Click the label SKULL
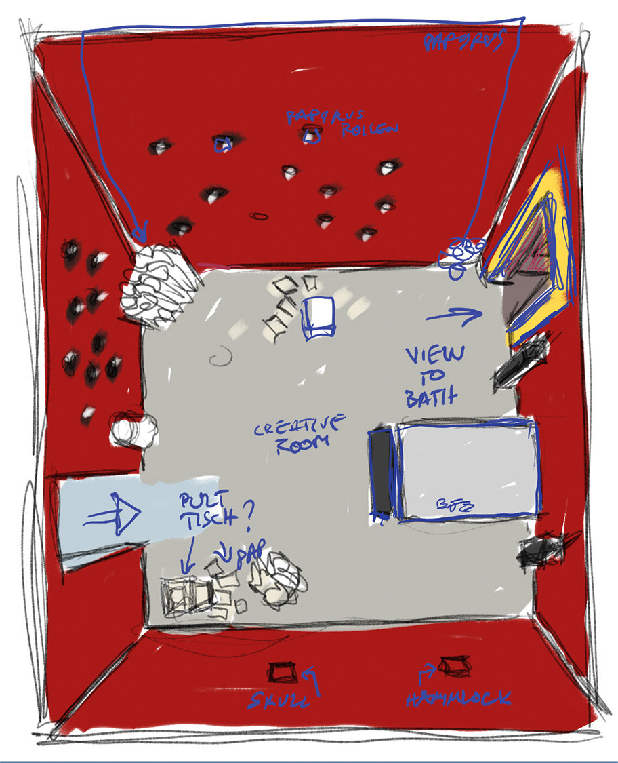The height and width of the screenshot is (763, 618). pos(279,701)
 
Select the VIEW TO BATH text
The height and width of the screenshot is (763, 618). pos(434,376)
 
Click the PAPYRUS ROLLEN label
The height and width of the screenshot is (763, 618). pos(342,123)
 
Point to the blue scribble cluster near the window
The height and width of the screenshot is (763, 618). pos(462,253)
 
